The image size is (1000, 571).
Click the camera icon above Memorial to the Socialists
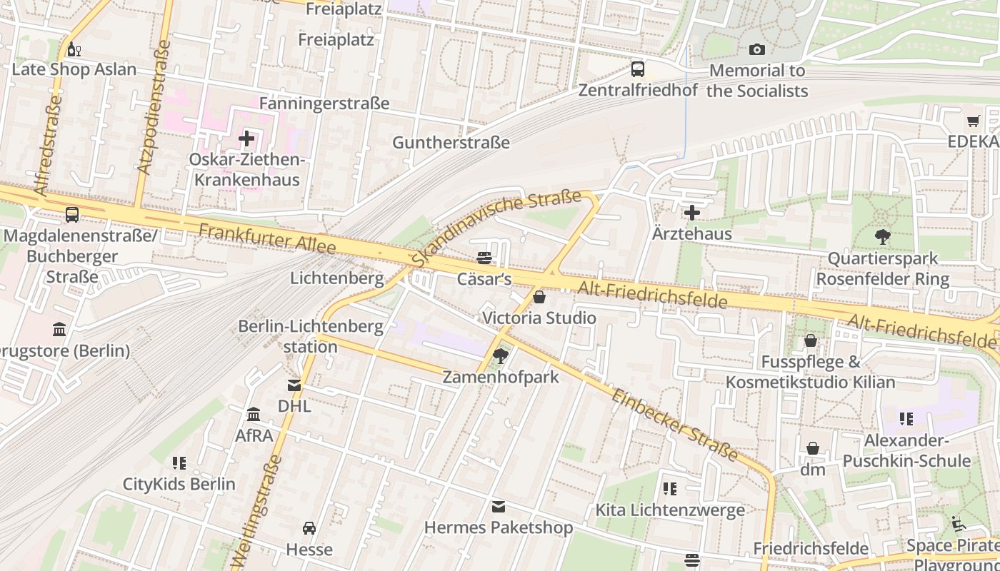click(756, 49)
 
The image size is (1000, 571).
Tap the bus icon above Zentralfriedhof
click(637, 69)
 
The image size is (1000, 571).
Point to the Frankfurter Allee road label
click(267, 238)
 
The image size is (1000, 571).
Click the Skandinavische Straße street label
click(496, 228)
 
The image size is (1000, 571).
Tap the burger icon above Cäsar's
click(484, 258)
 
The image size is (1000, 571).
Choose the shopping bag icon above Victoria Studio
click(539, 296)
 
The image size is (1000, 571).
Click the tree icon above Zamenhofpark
click(501, 355)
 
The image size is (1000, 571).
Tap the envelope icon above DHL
click(294, 385)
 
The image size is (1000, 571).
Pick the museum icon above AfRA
click(254, 414)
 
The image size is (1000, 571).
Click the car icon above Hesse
click(309, 528)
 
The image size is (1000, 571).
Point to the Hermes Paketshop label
click(498, 527)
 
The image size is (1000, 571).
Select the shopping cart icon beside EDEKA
click(973, 121)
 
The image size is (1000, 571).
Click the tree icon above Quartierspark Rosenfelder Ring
click(883, 237)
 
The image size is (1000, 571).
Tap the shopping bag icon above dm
click(812, 448)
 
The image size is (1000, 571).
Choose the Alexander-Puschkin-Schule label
click(906, 450)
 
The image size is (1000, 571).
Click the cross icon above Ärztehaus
click(691, 213)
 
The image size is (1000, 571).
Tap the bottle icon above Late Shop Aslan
click(72, 49)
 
